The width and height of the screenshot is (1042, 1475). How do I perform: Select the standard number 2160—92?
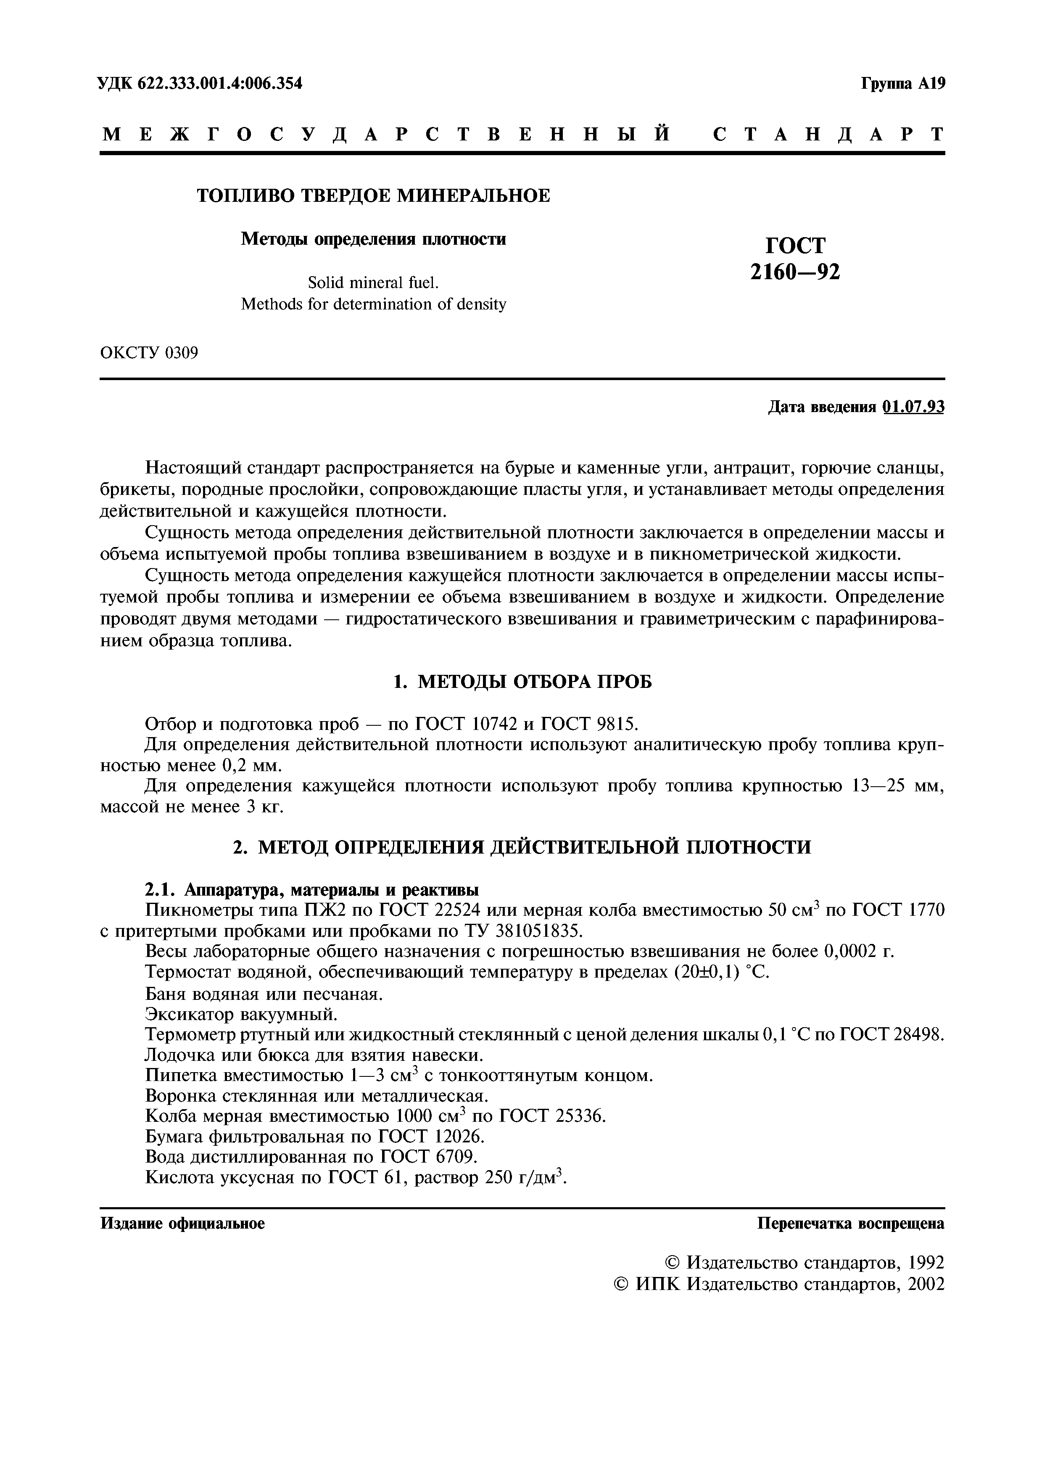(x=795, y=272)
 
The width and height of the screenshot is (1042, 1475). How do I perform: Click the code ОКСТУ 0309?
(x=149, y=353)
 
